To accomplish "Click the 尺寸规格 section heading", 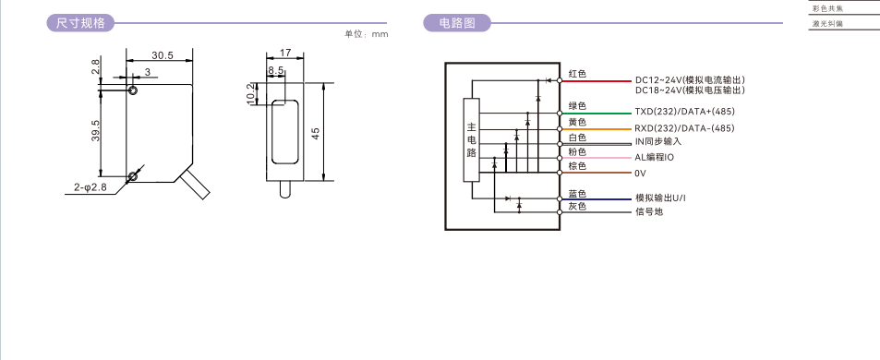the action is point(80,23).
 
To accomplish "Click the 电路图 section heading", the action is point(457,23).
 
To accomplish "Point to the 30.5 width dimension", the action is point(163,55).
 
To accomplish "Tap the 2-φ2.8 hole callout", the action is point(90,187).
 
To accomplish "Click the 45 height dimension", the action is point(316,134).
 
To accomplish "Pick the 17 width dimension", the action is point(285,53).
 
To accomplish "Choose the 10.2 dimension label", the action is point(251,93).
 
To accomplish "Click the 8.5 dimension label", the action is point(275,71).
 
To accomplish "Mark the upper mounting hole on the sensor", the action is point(133,90).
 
